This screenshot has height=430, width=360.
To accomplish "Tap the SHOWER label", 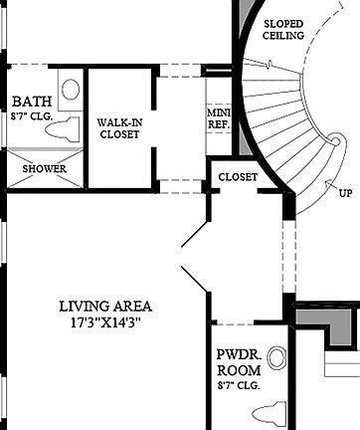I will click(x=45, y=169).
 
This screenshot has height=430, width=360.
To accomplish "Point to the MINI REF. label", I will click(x=217, y=118).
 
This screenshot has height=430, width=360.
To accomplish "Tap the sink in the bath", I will click(x=70, y=90).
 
